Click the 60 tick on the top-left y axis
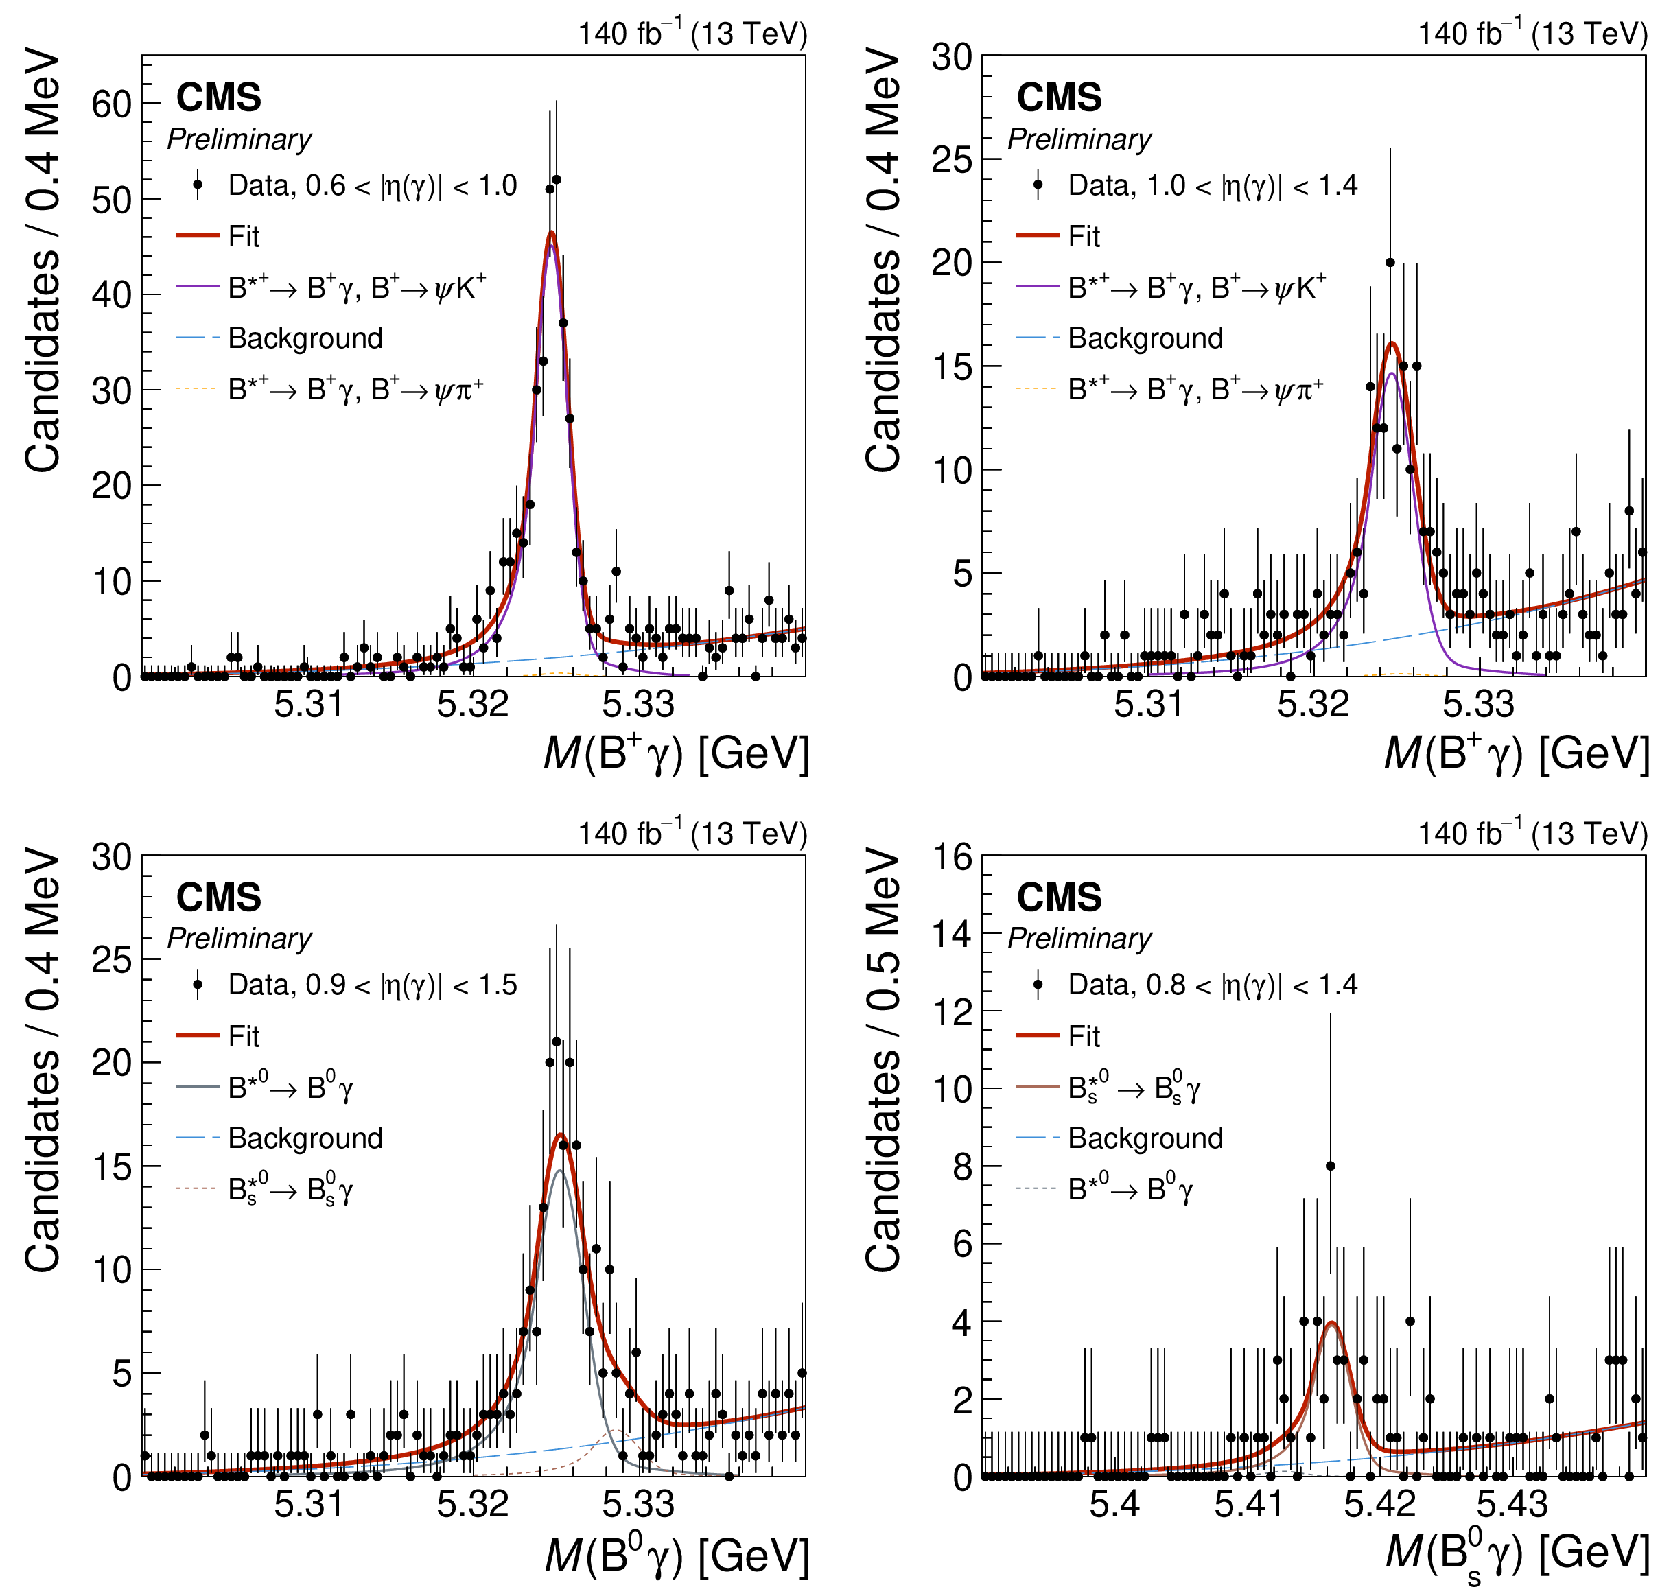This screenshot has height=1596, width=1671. pyautogui.click(x=111, y=104)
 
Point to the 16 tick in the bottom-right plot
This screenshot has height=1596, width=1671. pyautogui.click(x=952, y=857)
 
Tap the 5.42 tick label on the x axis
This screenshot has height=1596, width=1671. pyautogui.click(x=1379, y=1505)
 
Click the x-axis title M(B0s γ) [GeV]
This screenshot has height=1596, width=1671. pyautogui.click(x=1517, y=1553)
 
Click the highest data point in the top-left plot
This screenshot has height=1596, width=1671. pyautogui.click(x=557, y=180)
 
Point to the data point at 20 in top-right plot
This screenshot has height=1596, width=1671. pyautogui.click(x=1390, y=262)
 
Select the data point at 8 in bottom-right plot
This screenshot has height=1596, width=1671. pyautogui.click(x=1331, y=1166)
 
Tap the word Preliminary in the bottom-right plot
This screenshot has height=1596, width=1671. pyautogui.click(x=1079, y=939)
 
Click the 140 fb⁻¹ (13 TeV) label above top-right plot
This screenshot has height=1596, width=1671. pyautogui.click(x=1532, y=34)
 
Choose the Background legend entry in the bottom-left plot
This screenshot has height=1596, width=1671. pyautogui.click(x=305, y=1138)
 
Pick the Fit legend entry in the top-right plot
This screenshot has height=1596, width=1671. pyautogui.click(x=1083, y=237)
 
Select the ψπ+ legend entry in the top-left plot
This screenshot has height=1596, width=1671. pyautogui.click(x=355, y=390)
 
